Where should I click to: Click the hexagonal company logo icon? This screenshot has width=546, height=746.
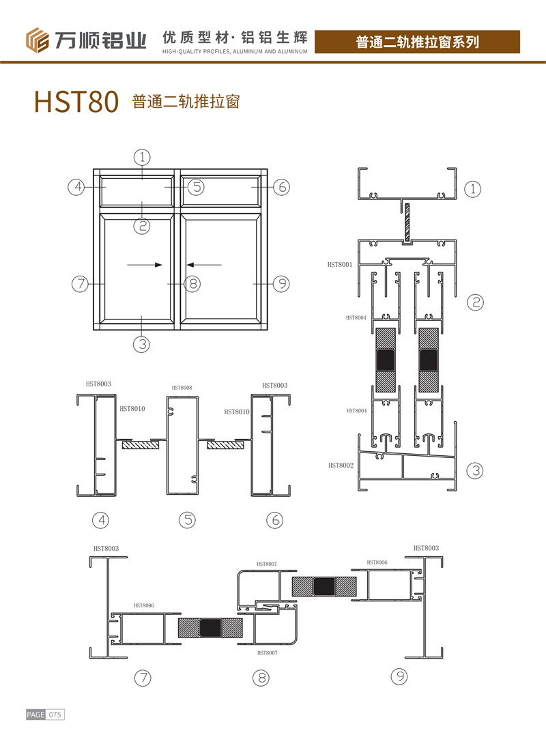[x=37, y=40]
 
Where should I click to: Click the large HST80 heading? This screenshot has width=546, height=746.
[x=76, y=101]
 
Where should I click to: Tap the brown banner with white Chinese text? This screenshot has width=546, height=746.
[x=417, y=42]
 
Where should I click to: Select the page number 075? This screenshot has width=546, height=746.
[x=55, y=715]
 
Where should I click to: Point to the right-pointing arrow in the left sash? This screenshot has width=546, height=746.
[x=145, y=265]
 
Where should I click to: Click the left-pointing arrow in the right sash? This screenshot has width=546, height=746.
[x=204, y=265]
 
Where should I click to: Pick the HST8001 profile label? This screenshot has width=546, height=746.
[x=340, y=265]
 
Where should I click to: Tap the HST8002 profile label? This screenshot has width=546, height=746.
[x=341, y=465]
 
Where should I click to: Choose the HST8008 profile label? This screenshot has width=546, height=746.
[x=182, y=388]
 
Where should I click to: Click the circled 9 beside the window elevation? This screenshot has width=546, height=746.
[x=282, y=284]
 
